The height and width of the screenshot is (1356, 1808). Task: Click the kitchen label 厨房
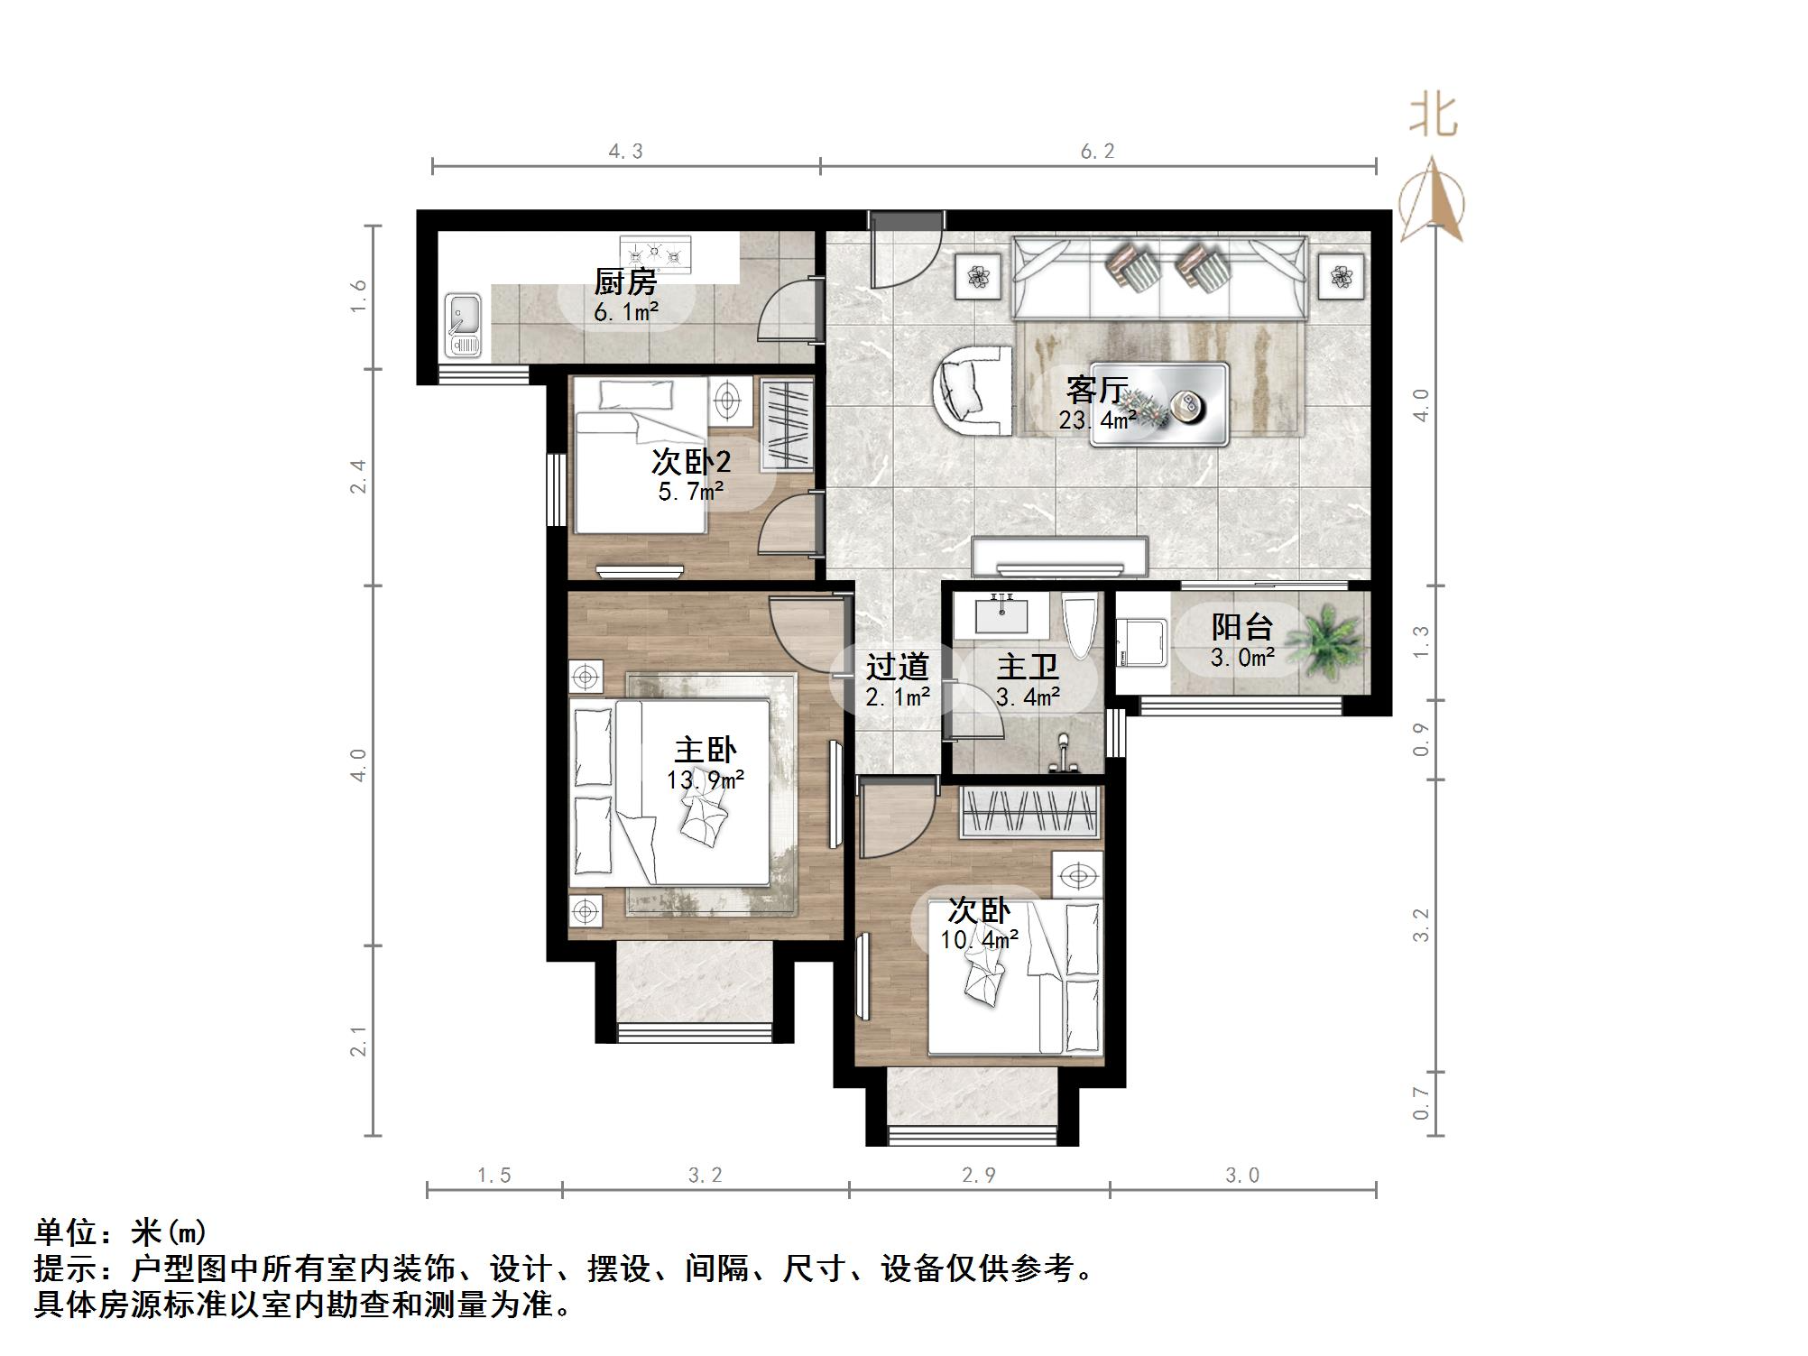click(624, 282)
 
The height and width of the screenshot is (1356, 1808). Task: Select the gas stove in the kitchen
click(656, 254)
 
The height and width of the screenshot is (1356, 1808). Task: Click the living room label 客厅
click(1096, 390)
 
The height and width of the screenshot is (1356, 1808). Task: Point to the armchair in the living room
click(973, 390)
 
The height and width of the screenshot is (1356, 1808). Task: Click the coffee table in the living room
click(1159, 406)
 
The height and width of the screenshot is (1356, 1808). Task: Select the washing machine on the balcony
click(1143, 642)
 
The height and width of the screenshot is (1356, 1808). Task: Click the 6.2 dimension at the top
click(1098, 152)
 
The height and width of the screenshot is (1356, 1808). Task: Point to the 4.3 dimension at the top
click(625, 152)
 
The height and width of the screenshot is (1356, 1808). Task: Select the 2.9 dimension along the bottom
click(979, 1175)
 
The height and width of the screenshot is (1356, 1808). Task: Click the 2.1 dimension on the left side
click(359, 1041)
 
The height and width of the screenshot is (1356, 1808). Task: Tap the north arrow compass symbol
click(1432, 198)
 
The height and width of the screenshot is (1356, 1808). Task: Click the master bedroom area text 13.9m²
click(706, 779)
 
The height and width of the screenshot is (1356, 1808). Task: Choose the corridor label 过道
click(897, 668)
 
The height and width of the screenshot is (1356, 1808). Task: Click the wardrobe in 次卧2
click(787, 426)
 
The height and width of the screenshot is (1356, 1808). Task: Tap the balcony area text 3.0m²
click(1242, 658)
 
